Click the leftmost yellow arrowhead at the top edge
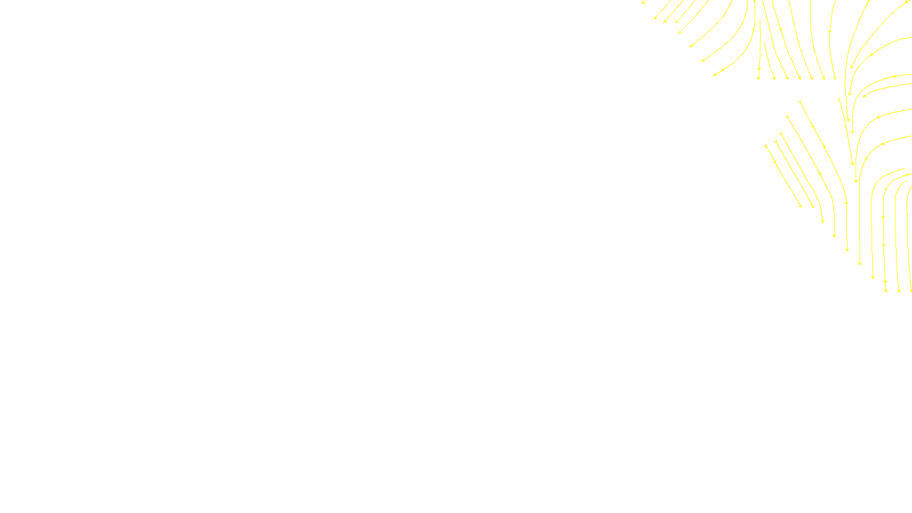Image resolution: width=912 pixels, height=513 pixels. pyautogui.click(x=644, y=3)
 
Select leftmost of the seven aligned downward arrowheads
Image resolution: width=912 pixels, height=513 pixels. pyautogui.click(x=759, y=78)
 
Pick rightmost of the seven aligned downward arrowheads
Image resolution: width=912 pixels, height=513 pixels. pyautogui.click(x=835, y=78)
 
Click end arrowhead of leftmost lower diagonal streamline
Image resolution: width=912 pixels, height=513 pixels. pyautogui.click(x=800, y=206)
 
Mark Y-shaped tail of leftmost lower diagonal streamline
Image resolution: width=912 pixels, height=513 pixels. pyautogui.click(x=766, y=146)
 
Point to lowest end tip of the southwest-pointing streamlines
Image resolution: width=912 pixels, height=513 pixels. pyautogui.click(x=715, y=75)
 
